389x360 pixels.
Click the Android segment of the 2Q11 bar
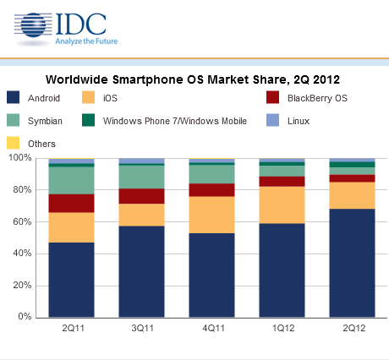coord(71,280)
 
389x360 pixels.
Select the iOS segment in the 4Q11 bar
coord(211,215)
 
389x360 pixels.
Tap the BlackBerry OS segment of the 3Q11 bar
coord(141,196)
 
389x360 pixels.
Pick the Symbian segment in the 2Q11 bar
coord(71,180)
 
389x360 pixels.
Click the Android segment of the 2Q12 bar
coord(352,263)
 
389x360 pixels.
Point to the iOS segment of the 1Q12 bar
coord(282,205)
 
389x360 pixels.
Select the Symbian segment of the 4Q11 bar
coord(211,174)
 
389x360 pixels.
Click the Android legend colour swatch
coord(13,97)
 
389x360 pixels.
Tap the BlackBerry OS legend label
coord(317,98)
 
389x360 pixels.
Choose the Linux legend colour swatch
coord(272,120)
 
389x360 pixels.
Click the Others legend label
coord(41,144)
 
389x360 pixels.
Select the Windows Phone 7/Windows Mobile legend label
coord(175,121)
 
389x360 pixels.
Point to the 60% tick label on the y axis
coord(22,221)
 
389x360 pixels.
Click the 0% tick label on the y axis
coord(25,316)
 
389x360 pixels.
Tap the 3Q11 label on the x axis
coord(143,328)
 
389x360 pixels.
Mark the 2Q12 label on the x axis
coord(354,328)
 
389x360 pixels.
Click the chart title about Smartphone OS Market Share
coord(193,79)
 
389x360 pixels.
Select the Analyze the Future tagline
coord(86,41)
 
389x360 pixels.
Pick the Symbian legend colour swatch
coord(13,120)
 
